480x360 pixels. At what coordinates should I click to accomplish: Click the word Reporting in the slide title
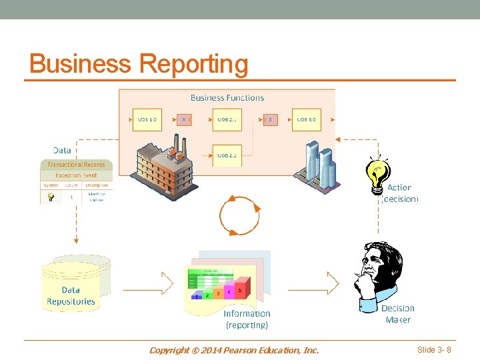(193, 65)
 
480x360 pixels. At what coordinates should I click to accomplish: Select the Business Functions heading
(227, 97)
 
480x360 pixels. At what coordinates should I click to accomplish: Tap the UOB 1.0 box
(147, 120)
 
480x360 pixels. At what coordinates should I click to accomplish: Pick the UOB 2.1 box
(227, 120)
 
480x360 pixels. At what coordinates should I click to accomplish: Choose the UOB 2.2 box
(227, 155)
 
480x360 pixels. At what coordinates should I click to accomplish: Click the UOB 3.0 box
(306, 120)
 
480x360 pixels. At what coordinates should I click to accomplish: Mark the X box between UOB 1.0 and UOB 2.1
(184, 120)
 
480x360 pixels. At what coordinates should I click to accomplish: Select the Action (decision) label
(399, 193)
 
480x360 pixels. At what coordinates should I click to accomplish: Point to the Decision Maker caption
(398, 314)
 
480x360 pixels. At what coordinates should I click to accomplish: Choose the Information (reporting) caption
(247, 319)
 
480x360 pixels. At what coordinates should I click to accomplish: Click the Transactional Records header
(76, 165)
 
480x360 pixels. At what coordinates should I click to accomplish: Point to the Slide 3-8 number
(434, 350)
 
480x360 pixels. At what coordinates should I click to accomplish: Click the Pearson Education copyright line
(234, 350)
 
